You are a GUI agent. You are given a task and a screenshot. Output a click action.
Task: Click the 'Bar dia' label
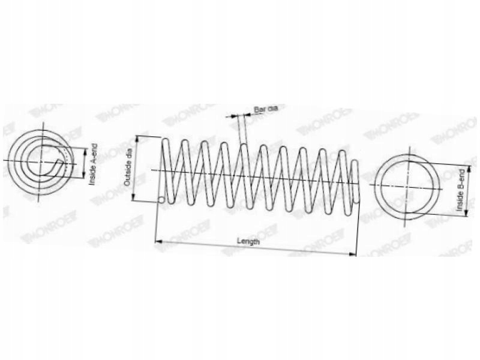(266, 109)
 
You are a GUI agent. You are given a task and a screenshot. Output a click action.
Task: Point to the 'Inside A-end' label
(92, 164)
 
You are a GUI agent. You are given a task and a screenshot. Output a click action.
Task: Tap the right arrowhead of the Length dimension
(353, 253)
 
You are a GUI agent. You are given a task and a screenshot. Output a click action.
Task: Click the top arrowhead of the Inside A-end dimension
(85, 146)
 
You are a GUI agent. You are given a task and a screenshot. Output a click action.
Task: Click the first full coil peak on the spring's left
(166, 142)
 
